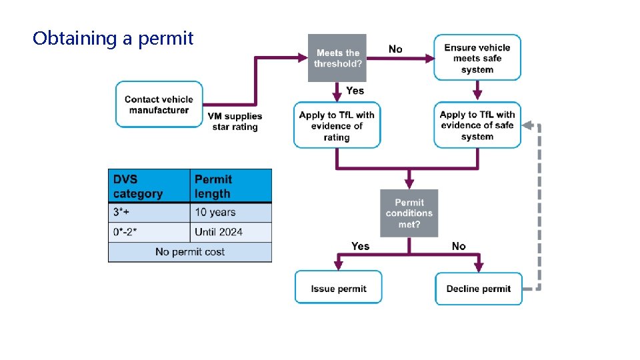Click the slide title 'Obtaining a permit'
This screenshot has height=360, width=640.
tap(113, 38)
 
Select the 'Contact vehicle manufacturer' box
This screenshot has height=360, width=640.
tap(159, 105)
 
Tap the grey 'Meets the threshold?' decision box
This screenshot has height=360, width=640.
tap(337, 58)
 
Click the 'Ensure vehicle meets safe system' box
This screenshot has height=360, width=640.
tap(477, 58)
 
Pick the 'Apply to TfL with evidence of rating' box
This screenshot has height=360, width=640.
tap(337, 125)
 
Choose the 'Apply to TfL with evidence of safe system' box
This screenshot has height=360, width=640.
tap(477, 125)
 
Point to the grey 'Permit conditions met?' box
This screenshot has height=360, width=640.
tap(409, 213)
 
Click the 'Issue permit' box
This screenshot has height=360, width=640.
tap(338, 288)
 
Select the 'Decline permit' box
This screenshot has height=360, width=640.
tap(478, 288)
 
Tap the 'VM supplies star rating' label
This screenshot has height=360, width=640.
tap(235, 121)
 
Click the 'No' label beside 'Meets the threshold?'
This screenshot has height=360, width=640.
tap(395, 49)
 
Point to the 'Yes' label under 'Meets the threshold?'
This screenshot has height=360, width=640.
tap(355, 91)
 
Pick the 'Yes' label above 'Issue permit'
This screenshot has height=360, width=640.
tap(360, 246)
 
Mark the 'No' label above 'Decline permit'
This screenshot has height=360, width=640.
tap(459, 246)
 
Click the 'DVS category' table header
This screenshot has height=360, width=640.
tap(149, 187)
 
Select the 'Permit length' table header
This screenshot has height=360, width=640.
tap(231, 187)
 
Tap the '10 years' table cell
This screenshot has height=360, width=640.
tap(231, 213)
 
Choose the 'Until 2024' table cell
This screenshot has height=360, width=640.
tap(231, 232)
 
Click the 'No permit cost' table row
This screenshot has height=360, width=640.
tap(190, 252)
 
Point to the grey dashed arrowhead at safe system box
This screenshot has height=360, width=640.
tap(527, 125)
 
